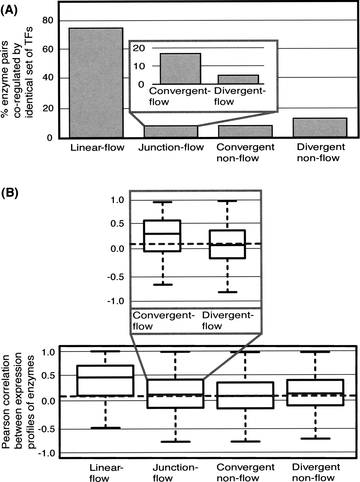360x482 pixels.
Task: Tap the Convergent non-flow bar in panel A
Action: click(245, 131)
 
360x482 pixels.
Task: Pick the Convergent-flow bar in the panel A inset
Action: click(180, 69)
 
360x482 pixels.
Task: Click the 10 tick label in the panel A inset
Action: click(139, 66)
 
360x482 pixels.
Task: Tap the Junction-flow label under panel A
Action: click(171, 147)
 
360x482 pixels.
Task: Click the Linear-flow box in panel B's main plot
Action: click(105, 380)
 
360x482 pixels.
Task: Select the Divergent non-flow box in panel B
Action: click(315, 392)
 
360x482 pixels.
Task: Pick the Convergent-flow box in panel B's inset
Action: click(162, 236)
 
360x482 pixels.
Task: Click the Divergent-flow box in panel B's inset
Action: click(227, 244)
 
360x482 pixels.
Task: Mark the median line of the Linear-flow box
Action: click(105, 377)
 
